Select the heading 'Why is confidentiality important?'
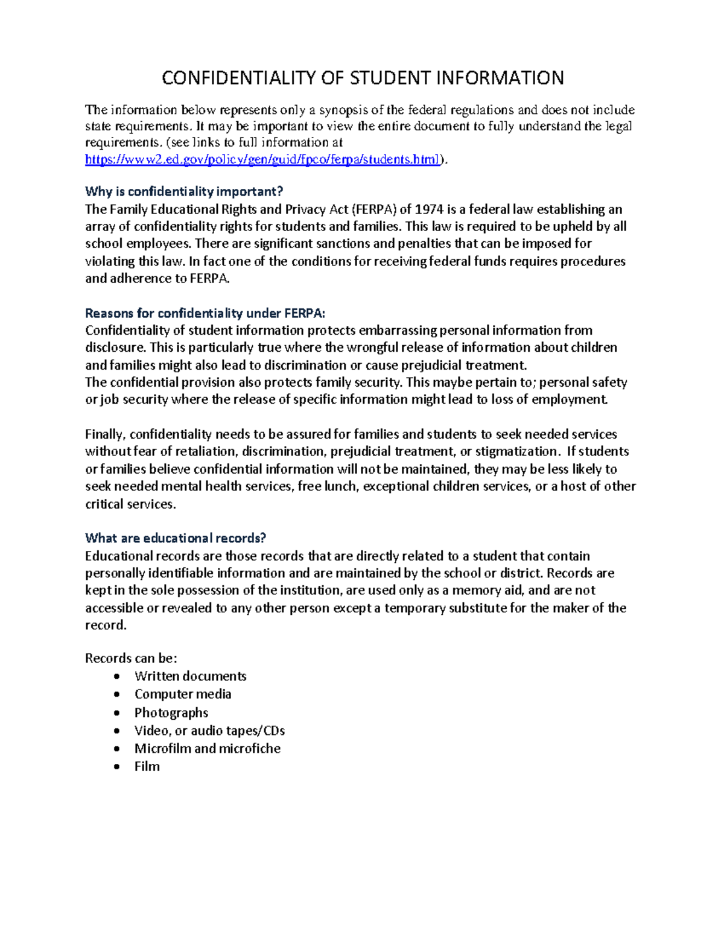184,192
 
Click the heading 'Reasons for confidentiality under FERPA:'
205,313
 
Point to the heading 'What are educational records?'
176,538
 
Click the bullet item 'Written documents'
190,676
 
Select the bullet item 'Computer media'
183,694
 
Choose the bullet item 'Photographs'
171,713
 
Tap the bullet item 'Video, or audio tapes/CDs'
209,731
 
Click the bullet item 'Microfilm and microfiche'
208,749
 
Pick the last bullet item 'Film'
147,767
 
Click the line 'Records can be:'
131,658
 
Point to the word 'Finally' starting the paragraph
105,434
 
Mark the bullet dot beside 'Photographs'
117,713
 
